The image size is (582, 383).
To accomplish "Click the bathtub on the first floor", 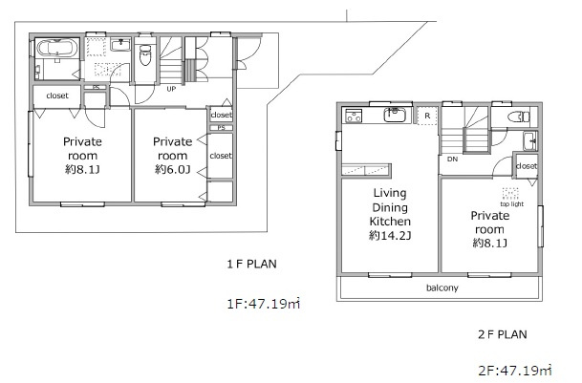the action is click(57, 48).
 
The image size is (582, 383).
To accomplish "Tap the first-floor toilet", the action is click(144, 54).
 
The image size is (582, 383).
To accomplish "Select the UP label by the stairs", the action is click(171, 89).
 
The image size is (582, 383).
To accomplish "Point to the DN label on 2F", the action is click(452, 160).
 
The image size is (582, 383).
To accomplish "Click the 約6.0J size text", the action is click(173, 170).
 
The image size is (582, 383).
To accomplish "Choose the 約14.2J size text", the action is click(390, 235).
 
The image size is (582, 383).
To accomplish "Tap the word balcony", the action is click(442, 288).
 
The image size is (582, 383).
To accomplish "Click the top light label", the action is click(512, 204).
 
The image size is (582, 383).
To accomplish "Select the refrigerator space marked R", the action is click(427, 116).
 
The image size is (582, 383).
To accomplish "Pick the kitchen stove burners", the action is click(354, 115).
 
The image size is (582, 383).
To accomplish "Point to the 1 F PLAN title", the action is click(252, 264).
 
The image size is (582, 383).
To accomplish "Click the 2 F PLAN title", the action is click(503, 334).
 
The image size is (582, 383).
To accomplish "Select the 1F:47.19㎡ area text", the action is click(263, 304).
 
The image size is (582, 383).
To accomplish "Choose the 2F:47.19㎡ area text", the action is click(515, 370).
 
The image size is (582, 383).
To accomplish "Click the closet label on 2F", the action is click(527, 166).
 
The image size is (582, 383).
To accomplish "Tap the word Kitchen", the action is click(390, 222).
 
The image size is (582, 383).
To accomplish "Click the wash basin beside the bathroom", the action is click(120, 45).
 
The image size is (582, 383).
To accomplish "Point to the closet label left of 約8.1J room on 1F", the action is click(57, 96).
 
